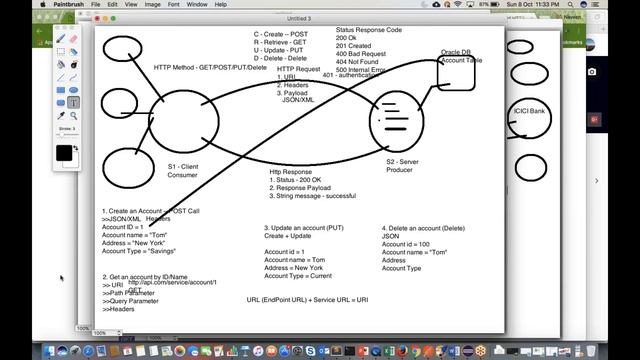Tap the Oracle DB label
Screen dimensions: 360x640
pyautogui.click(x=455, y=52)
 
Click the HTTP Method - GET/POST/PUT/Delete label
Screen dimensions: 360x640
pyautogui.click(x=210, y=67)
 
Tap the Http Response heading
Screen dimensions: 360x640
pyautogui.click(x=291, y=171)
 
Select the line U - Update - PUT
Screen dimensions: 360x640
pyautogui.click(x=280, y=49)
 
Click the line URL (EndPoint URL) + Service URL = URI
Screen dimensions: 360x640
pyautogui.click(x=307, y=300)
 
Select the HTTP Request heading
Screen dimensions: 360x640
pyautogui.click(x=298, y=69)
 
